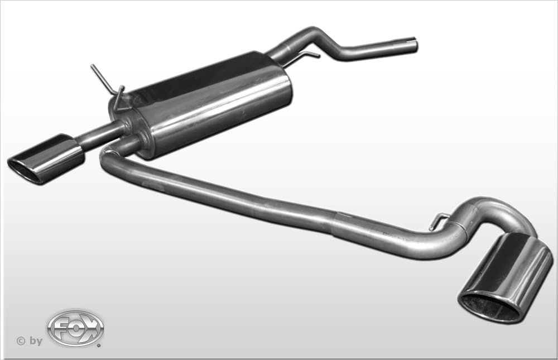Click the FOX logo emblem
(75, 328)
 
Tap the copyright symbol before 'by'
(21, 341)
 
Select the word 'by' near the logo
(36, 341)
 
